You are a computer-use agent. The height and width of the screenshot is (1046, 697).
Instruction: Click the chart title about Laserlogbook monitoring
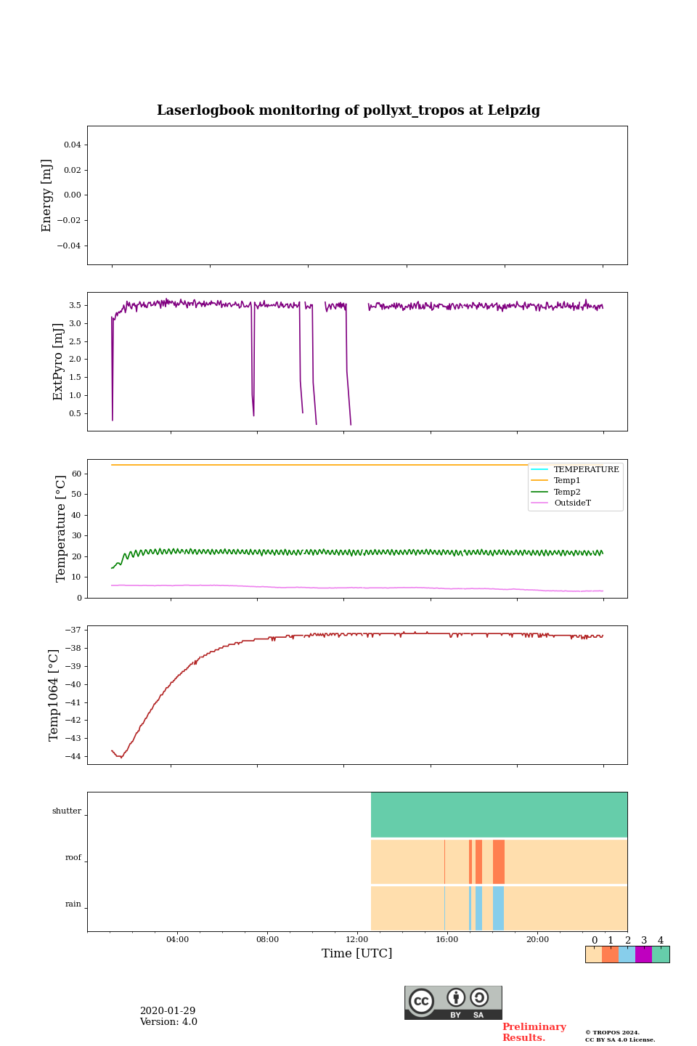click(x=348, y=110)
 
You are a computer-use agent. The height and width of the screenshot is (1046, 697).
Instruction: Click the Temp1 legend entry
click(x=567, y=481)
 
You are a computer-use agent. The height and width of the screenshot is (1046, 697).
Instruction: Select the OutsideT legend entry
click(x=572, y=503)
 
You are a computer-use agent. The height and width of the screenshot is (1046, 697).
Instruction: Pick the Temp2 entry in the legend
click(x=567, y=492)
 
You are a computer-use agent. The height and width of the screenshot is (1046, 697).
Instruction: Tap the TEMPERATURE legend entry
click(x=586, y=470)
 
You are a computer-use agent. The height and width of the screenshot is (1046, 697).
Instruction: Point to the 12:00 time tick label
click(x=357, y=940)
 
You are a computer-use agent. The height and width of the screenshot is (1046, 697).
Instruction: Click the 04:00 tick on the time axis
click(x=177, y=940)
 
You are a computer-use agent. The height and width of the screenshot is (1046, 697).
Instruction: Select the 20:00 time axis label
click(x=537, y=940)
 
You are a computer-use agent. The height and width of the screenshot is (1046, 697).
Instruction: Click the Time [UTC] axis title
click(x=357, y=954)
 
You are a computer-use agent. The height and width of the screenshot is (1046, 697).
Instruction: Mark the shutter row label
click(x=67, y=811)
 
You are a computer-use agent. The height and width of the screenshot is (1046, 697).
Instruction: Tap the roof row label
click(x=73, y=858)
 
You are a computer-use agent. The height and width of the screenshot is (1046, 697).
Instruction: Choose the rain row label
click(x=73, y=904)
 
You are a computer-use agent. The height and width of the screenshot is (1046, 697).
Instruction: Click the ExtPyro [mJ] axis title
click(x=59, y=362)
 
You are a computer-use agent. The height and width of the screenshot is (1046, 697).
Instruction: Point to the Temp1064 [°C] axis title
click(x=54, y=694)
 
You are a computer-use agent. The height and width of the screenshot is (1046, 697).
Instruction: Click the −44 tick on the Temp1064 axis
click(x=74, y=756)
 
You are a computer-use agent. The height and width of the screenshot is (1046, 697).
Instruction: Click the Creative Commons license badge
click(x=453, y=1002)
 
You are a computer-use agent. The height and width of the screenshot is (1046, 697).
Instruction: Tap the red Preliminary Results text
click(x=534, y=1032)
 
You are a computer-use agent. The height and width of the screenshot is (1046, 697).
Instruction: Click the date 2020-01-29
click(x=168, y=1011)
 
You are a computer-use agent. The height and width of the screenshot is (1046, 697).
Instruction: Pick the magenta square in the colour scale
click(x=643, y=954)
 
